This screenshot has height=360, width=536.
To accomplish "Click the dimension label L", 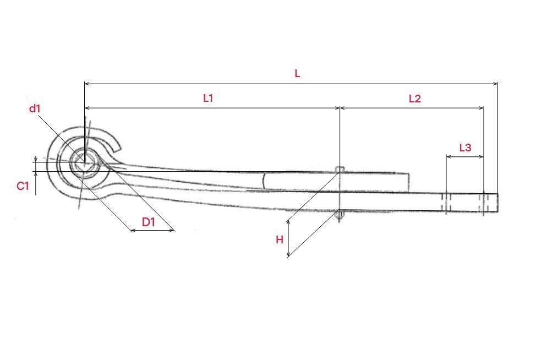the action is [x=297, y=74].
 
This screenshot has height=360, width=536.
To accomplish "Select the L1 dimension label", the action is [x=208, y=99].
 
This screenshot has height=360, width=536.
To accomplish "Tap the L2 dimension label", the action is [x=414, y=99].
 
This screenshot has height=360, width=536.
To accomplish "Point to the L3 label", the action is [x=465, y=148].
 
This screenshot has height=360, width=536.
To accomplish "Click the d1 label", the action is [x=35, y=109].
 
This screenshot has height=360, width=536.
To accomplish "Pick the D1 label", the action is [x=149, y=222].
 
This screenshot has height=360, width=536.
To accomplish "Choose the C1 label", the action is [x=23, y=186].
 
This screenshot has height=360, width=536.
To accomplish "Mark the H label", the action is [x=280, y=240].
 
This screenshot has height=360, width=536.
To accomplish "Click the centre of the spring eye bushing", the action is [x=84, y=163].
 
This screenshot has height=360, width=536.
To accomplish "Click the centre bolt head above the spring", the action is [x=340, y=169].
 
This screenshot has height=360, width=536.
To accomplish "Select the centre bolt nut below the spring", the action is [x=339, y=215].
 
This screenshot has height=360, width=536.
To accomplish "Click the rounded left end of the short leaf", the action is [x=264, y=181].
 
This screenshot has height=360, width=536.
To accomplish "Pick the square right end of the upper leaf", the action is [x=408, y=182].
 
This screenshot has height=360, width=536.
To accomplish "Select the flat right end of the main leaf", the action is [x=497, y=203].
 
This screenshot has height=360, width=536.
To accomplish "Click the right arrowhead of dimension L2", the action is [x=482, y=108].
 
